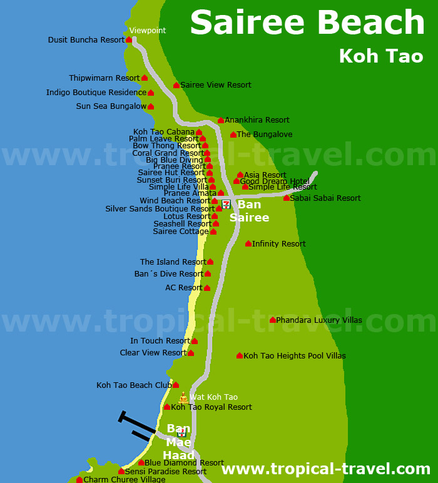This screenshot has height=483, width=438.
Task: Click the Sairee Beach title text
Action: click(x=307, y=23)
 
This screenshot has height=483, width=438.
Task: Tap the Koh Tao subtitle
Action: click(x=380, y=56)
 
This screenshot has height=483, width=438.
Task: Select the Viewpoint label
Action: click(x=148, y=30)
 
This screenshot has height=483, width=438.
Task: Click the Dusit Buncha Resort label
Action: click(x=86, y=40)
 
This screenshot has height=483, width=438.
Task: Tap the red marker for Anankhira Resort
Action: click(x=221, y=120)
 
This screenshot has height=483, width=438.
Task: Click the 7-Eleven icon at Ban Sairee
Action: click(x=226, y=204)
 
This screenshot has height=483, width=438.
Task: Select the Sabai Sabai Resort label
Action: click(x=325, y=198)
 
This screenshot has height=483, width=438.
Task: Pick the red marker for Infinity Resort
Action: click(x=248, y=243)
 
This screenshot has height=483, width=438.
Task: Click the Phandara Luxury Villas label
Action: click(x=319, y=320)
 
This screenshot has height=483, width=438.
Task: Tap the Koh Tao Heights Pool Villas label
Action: click(x=295, y=356)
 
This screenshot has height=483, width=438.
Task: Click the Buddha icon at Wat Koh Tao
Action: click(x=183, y=398)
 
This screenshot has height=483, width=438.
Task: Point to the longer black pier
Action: click(x=136, y=423)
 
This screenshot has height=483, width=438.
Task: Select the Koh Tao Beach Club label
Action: click(x=134, y=385)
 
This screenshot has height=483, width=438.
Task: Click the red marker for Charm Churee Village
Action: click(x=79, y=480)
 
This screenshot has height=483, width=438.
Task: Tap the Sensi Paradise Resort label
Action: click(x=166, y=472)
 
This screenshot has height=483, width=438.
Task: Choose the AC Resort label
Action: click(x=184, y=288)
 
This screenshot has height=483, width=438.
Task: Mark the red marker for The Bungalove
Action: click(x=233, y=135)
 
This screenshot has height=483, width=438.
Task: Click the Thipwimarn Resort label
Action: click(x=104, y=78)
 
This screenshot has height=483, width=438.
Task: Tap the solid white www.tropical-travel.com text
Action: click(x=326, y=469)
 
